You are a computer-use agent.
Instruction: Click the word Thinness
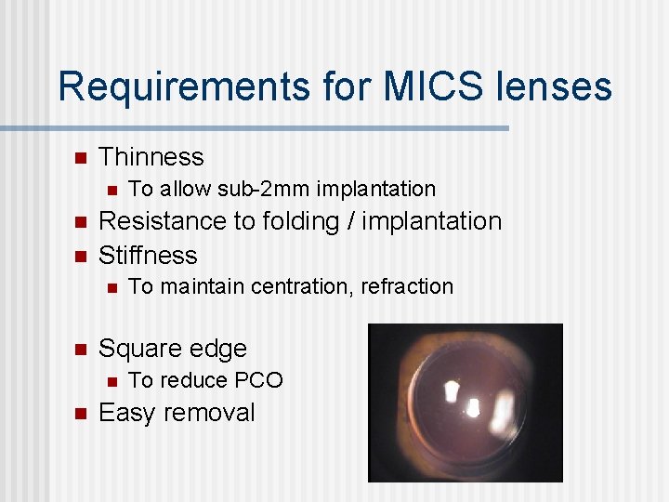pyautogui.click(x=151, y=156)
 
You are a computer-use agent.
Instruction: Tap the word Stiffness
pyautogui.click(x=148, y=255)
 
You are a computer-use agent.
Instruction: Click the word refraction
pyautogui.click(x=408, y=286)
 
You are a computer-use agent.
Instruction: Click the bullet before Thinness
pyautogui.click(x=80, y=156)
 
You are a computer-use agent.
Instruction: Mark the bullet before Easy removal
pyautogui.click(x=80, y=413)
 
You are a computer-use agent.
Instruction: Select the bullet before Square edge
pyautogui.click(x=80, y=349)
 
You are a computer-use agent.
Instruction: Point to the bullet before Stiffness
pyautogui.click(x=80, y=255)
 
